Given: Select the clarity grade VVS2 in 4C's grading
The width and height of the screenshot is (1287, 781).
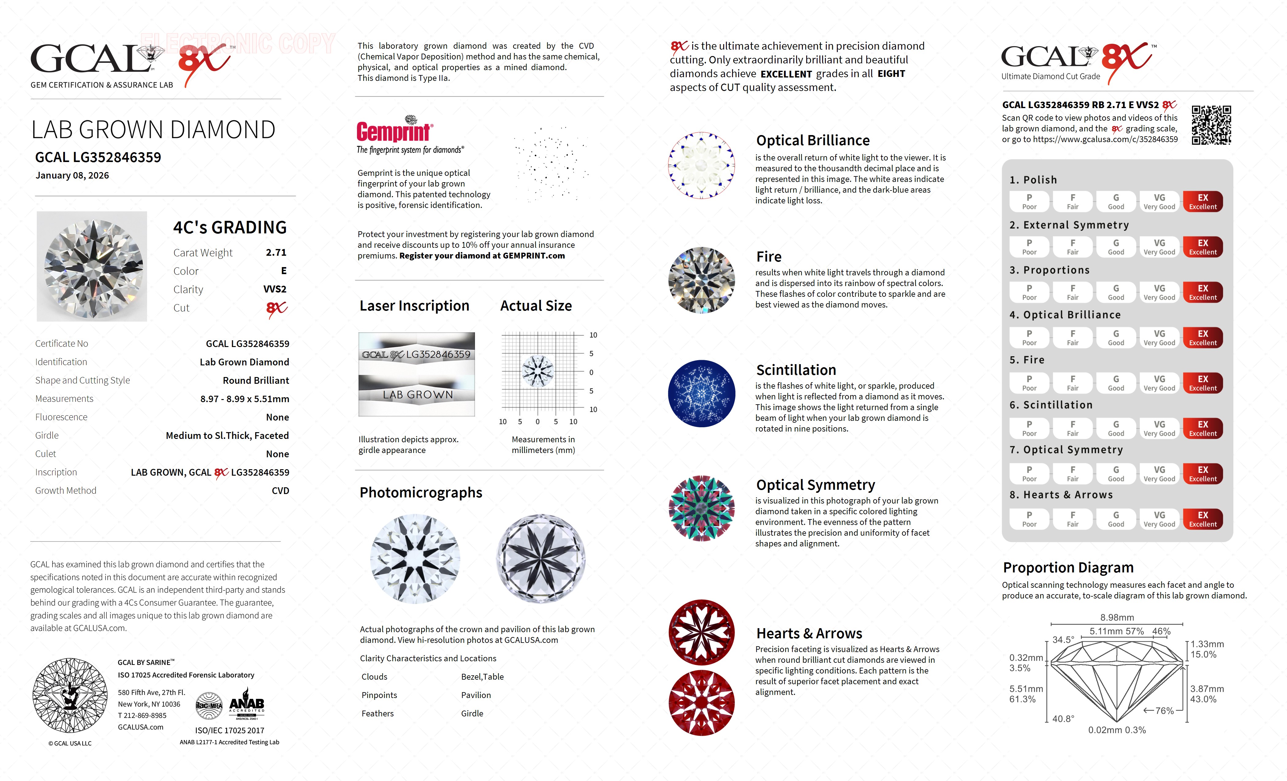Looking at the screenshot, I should point(275,289).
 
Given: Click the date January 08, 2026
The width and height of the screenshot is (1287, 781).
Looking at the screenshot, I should point(72,175).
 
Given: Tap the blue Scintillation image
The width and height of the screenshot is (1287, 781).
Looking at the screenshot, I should point(701,394).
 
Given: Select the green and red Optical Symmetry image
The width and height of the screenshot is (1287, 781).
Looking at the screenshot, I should point(701,508).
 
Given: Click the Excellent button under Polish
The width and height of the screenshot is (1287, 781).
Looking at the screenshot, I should point(1202,202).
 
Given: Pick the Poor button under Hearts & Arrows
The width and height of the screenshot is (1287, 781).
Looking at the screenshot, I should point(1029,519).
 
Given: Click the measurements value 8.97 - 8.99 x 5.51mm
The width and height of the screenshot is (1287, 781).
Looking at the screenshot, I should point(245,399).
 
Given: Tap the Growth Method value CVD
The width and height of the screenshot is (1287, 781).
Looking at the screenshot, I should point(280,491).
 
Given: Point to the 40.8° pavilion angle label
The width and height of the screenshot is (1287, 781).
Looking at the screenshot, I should point(1063,719).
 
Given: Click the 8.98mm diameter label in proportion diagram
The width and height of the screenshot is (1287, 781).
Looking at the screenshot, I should point(1117,617).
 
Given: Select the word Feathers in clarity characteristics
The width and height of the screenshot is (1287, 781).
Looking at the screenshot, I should point(377,714).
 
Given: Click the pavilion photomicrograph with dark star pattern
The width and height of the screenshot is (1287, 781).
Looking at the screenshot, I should point(541,559).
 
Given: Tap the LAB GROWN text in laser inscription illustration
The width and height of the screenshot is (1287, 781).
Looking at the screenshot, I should point(417,395).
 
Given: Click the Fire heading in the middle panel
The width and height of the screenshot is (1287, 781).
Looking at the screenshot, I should point(769,257).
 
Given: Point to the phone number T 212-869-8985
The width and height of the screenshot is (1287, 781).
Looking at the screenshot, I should point(142,716).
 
